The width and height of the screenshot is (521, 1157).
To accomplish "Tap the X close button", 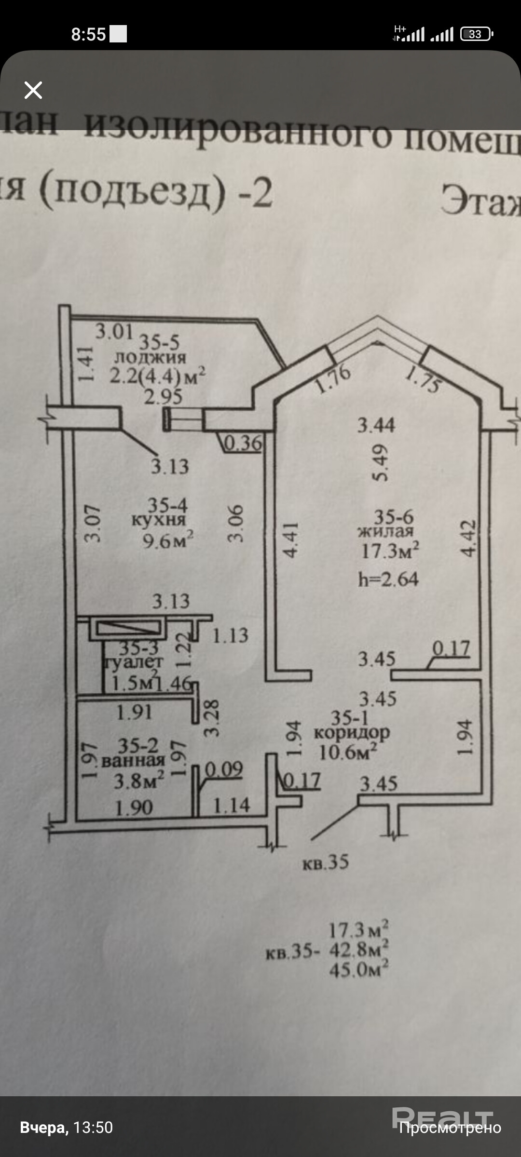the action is pos(33,90).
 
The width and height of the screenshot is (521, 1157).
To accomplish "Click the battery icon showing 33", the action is pos(476,34).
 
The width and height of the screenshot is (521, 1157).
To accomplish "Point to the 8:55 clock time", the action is pos(88,34).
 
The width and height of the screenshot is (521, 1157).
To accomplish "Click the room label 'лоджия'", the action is pos(150,357).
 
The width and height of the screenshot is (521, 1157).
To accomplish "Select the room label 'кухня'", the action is pos(159,520).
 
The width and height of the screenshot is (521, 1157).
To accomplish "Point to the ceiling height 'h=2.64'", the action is pos(388,579).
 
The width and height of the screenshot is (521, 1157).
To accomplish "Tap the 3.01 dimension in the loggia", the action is pos(114,332).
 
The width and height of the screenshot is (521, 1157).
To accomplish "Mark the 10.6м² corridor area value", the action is pos(348,752).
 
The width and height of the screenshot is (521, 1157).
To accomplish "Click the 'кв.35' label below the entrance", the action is pos(325,862).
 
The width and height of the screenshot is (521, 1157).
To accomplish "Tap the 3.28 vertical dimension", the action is pos(212,718).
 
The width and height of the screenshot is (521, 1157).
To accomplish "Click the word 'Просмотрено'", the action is pos(450,1128).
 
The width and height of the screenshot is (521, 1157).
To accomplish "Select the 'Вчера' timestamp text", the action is pos(44,1128).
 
